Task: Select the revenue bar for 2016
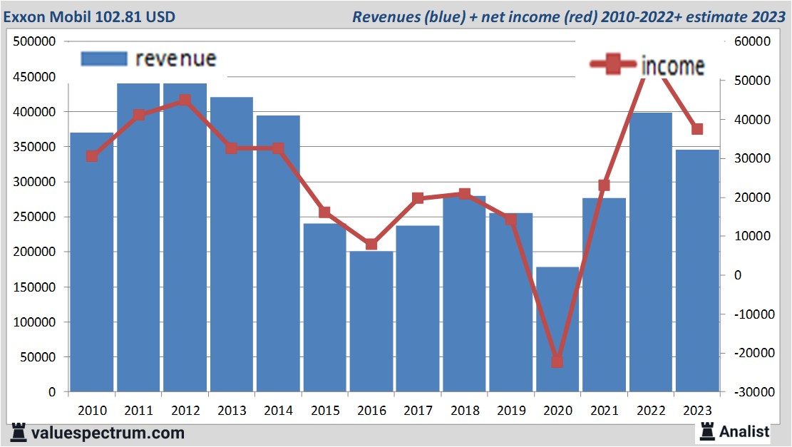click(371, 321)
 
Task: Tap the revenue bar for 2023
click(697, 271)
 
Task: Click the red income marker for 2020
click(557, 361)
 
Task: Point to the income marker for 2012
click(185, 101)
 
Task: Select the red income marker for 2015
click(324, 212)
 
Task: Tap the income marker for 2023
click(697, 129)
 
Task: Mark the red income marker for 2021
click(605, 185)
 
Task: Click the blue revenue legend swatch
click(103, 58)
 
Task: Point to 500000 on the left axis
click(35, 41)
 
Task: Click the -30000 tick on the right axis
click(749, 392)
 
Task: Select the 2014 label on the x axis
click(279, 411)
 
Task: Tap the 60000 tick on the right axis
click(751, 41)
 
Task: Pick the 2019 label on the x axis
click(511, 411)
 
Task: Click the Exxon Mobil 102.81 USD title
click(90, 16)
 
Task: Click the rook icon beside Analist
click(708, 431)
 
